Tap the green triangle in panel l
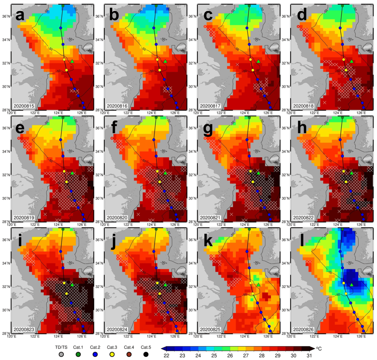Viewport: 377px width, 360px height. [x=352, y=285]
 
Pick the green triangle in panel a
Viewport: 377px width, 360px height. [x=72, y=61]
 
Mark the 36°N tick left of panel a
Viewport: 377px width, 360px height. [x=7, y=16]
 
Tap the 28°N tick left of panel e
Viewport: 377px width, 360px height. [x=7, y=221]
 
